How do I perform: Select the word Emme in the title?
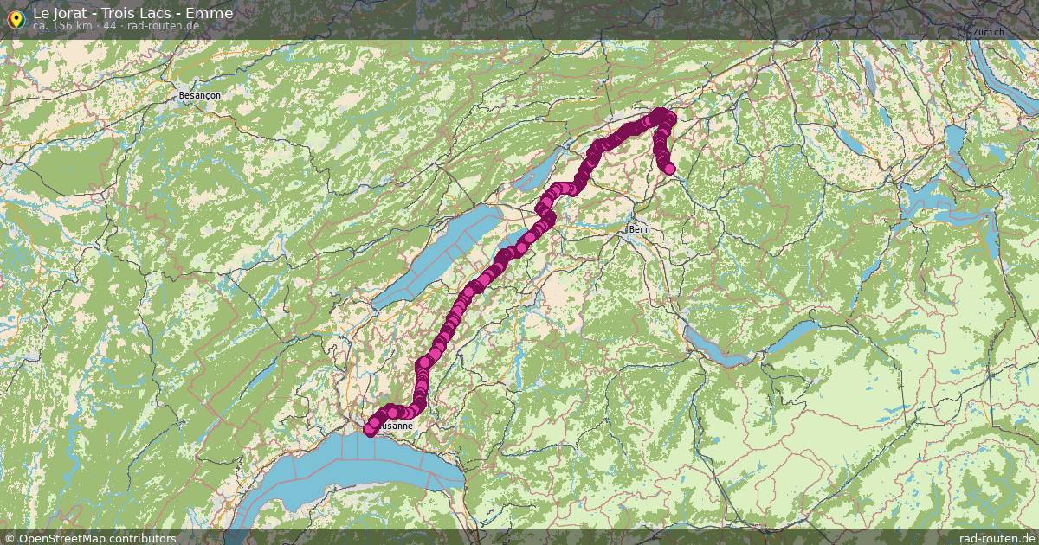coord(210,14)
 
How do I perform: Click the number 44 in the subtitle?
coord(109,26)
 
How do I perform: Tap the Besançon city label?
coord(199,94)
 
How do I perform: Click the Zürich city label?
coord(988,32)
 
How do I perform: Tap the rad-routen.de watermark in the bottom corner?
coord(997,538)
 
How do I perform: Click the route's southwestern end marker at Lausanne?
coord(370,430)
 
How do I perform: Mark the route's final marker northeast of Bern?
coord(668,168)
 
